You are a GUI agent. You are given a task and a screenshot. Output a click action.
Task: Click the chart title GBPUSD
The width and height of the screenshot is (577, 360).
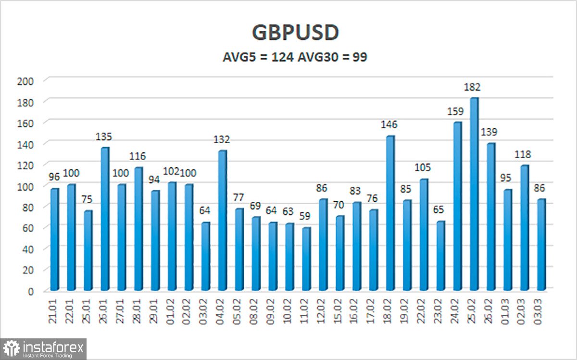pyautogui.click(x=295, y=33)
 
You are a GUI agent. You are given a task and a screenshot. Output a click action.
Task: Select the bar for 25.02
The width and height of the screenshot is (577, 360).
pyautogui.click(x=474, y=194)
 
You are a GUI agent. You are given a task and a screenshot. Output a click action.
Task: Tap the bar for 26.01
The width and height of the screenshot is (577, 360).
pyautogui.click(x=105, y=219)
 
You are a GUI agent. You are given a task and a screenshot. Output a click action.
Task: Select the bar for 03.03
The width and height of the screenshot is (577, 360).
pyautogui.click(x=541, y=245)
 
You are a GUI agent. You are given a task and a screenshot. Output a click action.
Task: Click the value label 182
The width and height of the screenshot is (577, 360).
pyautogui.click(x=472, y=87)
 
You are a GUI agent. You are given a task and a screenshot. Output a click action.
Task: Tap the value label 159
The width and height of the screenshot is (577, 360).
pyautogui.click(x=455, y=112)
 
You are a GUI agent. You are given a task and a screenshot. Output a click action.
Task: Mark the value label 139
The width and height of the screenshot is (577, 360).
pyautogui.click(x=489, y=132)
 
